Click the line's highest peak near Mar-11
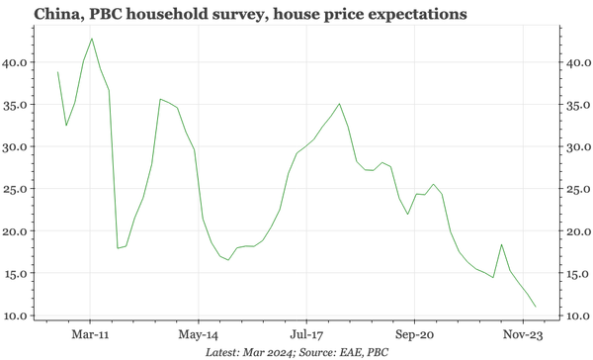click(x=92, y=39)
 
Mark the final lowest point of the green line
click(x=536, y=307)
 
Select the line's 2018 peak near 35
click(x=340, y=104)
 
